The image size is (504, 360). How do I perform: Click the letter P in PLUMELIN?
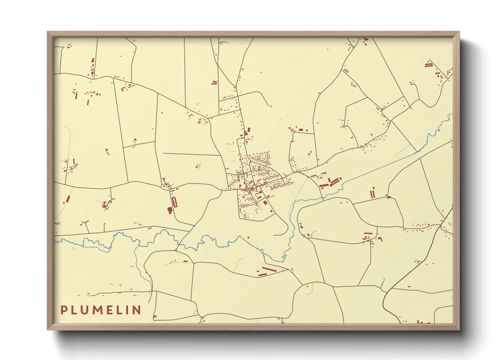coord(64,310)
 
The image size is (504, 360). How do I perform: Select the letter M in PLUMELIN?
coord(99,310)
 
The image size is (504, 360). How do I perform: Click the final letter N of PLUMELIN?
coord(137,310)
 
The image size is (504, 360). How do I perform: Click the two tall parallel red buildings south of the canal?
coord(373,193)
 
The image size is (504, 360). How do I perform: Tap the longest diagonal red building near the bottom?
coord(269,270)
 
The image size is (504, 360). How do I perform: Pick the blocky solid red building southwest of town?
coord(170,210)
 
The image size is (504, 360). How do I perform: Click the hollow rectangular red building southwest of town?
coord(175,202)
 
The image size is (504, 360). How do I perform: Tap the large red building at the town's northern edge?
coord(248,131)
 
